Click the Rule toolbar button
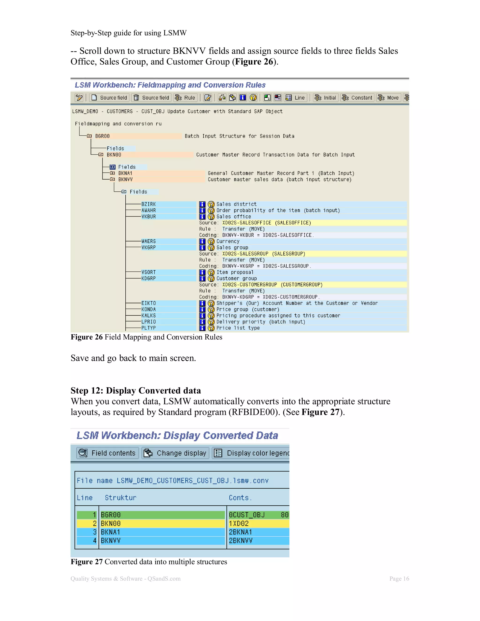point(185,98)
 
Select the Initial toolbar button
point(326,98)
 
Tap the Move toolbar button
point(388,98)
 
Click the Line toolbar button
point(296,98)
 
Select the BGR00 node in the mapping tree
point(102,136)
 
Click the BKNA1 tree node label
point(125,173)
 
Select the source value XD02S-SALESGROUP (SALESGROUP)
point(264,254)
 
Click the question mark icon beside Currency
point(211,241)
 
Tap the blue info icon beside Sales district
point(202,204)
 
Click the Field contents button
point(108,453)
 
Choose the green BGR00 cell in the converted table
point(162,515)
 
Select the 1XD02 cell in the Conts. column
point(239,524)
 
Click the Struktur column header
point(120,498)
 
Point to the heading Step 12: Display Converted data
point(136,390)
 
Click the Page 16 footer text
point(399,578)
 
